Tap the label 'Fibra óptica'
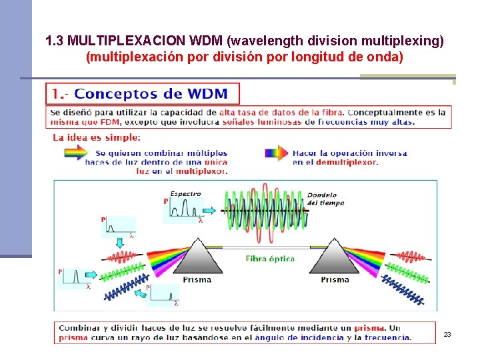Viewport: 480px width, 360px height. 270,259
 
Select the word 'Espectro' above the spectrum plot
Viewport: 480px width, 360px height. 185,194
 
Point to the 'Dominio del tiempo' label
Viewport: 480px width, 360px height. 326,199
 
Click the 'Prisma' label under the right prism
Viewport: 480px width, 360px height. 335,280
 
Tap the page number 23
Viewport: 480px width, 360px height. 447,334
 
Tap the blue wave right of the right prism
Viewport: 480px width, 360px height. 404,292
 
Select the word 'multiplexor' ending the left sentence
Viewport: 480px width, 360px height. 199,171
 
